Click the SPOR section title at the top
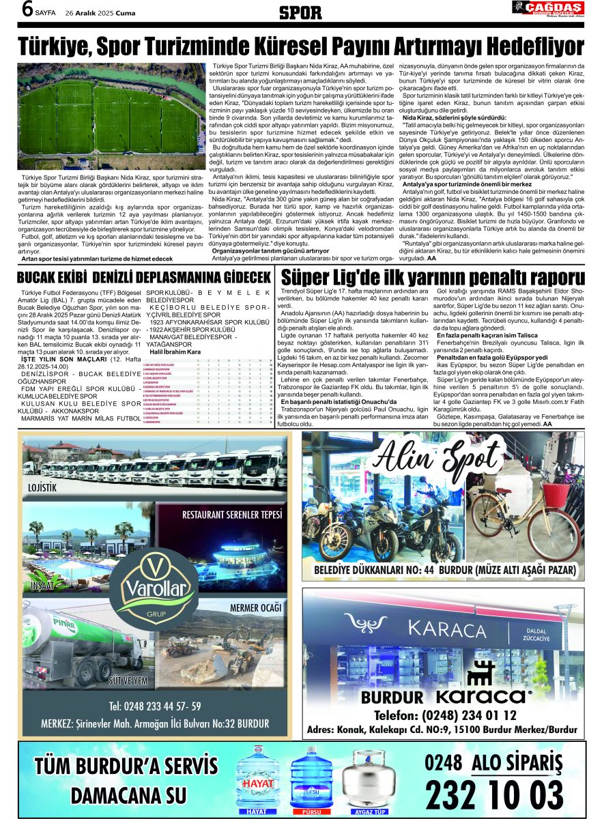[x=301, y=12]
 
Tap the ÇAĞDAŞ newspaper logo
[x=547, y=8]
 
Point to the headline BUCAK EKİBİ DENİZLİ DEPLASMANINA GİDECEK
[x=145, y=278]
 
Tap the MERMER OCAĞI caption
[x=256, y=607]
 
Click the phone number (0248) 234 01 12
[x=445, y=715]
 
